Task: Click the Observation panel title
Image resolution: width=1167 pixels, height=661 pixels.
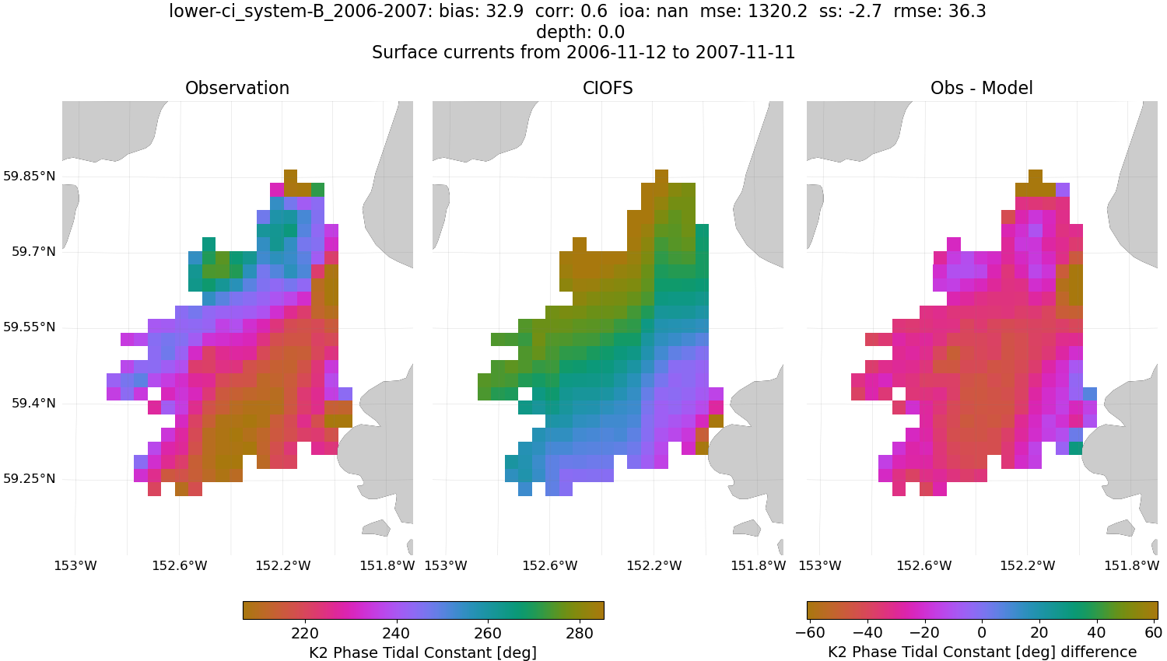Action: (x=237, y=89)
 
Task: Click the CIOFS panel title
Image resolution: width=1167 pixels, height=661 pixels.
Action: (x=608, y=89)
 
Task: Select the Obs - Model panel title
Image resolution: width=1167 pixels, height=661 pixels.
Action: (x=982, y=89)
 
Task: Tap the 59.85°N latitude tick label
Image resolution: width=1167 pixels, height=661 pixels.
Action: (x=30, y=177)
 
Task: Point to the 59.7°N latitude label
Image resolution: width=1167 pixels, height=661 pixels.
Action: (x=33, y=252)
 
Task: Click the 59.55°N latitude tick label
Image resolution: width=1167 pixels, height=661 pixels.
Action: (x=30, y=327)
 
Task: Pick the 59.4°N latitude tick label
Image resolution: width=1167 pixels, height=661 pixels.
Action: (x=33, y=404)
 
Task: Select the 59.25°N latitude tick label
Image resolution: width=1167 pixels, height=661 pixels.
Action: (x=30, y=479)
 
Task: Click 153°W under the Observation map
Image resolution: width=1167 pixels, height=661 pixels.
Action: (x=75, y=566)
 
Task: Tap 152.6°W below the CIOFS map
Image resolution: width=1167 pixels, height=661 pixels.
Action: (x=550, y=566)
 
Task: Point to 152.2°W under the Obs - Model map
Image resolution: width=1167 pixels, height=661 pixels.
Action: (x=1028, y=566)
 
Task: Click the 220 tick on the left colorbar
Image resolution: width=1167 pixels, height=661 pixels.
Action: (x=305, y=633)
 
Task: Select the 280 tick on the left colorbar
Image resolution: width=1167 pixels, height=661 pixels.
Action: (x=580, y=633)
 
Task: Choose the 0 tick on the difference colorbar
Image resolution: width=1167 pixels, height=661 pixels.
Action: (x=982, y=633)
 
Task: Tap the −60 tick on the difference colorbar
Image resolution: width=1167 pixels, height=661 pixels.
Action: (x=810, y=633)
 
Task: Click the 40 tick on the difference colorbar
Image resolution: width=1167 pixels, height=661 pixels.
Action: (x=1096, y=633)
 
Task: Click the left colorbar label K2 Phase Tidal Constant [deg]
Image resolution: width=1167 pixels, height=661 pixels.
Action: (x=422, y=652)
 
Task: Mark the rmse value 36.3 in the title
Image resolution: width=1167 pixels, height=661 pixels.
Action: (x=970, y=12)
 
